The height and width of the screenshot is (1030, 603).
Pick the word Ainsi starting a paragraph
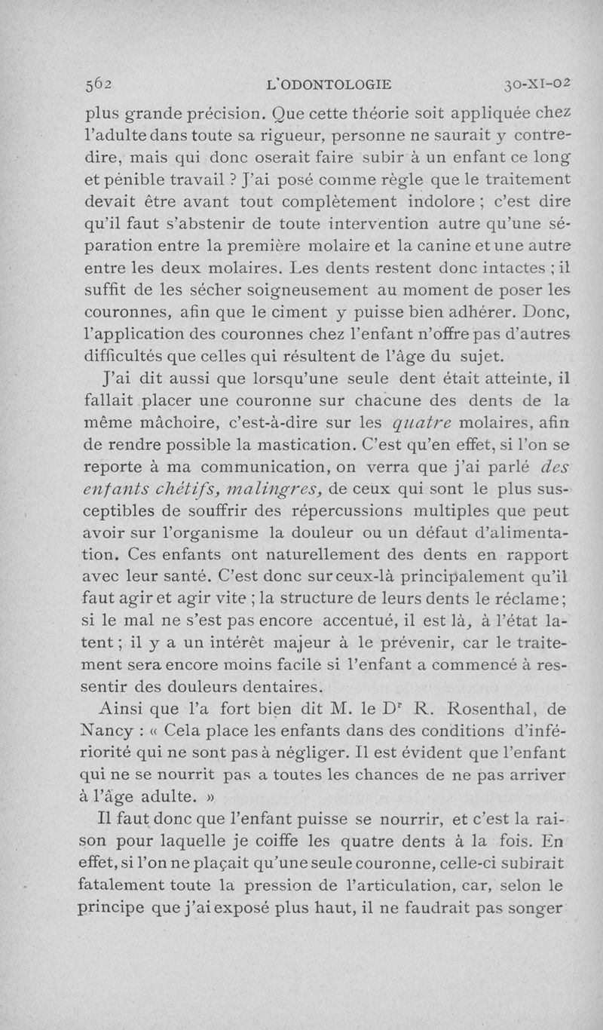[126, 708]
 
